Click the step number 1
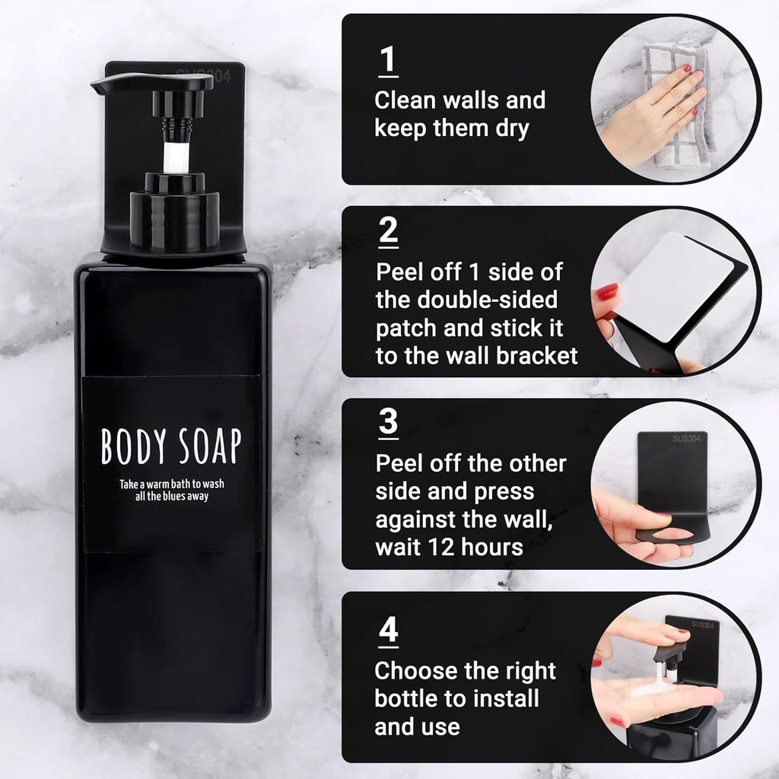[x=388, y=60]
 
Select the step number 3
[x=388, y=421]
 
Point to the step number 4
[x=388, y=631]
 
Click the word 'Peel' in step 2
[x=401, y=272]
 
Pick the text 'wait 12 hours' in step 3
[x=449, y=547]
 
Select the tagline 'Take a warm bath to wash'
[x=171, y=483]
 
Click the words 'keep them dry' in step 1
[x=451, y=128]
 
